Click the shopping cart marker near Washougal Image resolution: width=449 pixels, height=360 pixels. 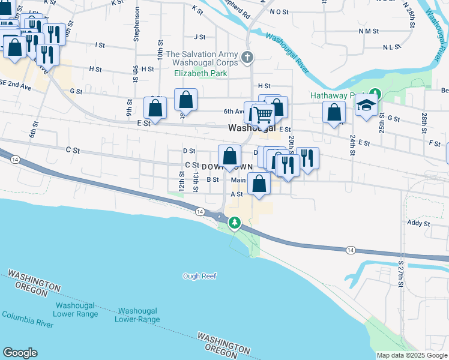[x=262, y=113]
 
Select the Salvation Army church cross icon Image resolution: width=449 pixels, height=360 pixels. [x=247, y=58]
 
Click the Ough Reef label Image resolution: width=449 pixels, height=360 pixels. [x=199, y=276]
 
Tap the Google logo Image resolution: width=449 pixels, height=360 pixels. [x=20, y=353]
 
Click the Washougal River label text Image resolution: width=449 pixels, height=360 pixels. [x=288, y=53]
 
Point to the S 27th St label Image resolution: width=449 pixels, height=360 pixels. [x=401, y=272]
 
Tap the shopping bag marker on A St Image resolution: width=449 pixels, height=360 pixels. [x=259, y=185]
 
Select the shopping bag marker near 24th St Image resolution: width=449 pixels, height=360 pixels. [x=334, y=113]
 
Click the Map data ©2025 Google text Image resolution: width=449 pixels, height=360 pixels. [x=412, y=355]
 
